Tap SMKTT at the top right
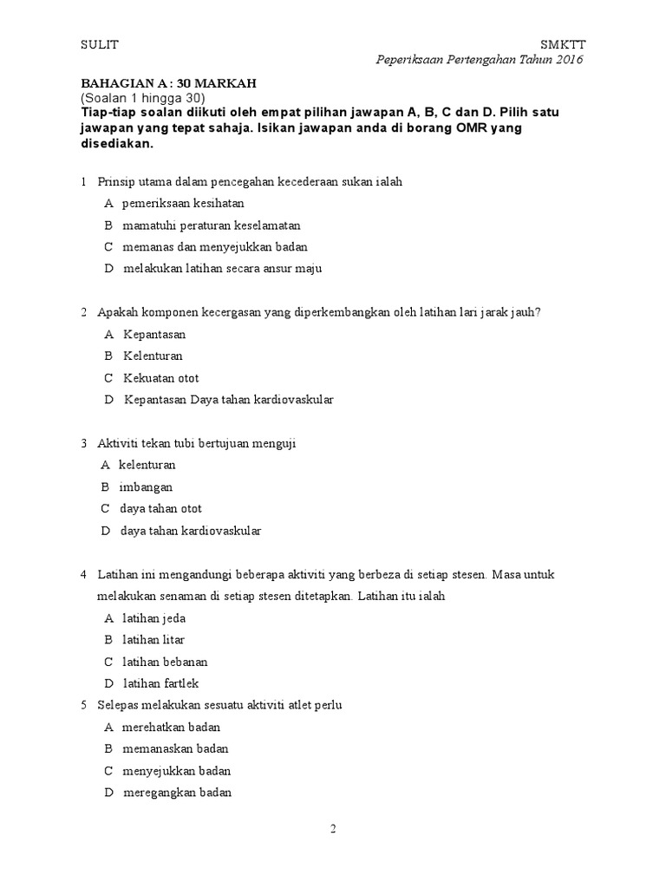(562, 44)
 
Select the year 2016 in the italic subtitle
(566, 60)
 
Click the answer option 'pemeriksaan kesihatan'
(183, 203)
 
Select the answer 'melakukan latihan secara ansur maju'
(222, 268)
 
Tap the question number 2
(84, 312)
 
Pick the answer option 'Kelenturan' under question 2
(153, 356)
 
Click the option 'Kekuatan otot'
(161, 378)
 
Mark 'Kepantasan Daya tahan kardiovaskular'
(228, 400)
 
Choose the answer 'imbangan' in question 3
(146, 486)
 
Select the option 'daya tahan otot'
(160, 508)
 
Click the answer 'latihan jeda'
(154, 618)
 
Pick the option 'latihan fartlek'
(161, 683)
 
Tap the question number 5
(84, 705)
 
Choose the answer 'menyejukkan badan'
(176, 771)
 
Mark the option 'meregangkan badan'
(177, 793)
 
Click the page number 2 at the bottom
(332, 829)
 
